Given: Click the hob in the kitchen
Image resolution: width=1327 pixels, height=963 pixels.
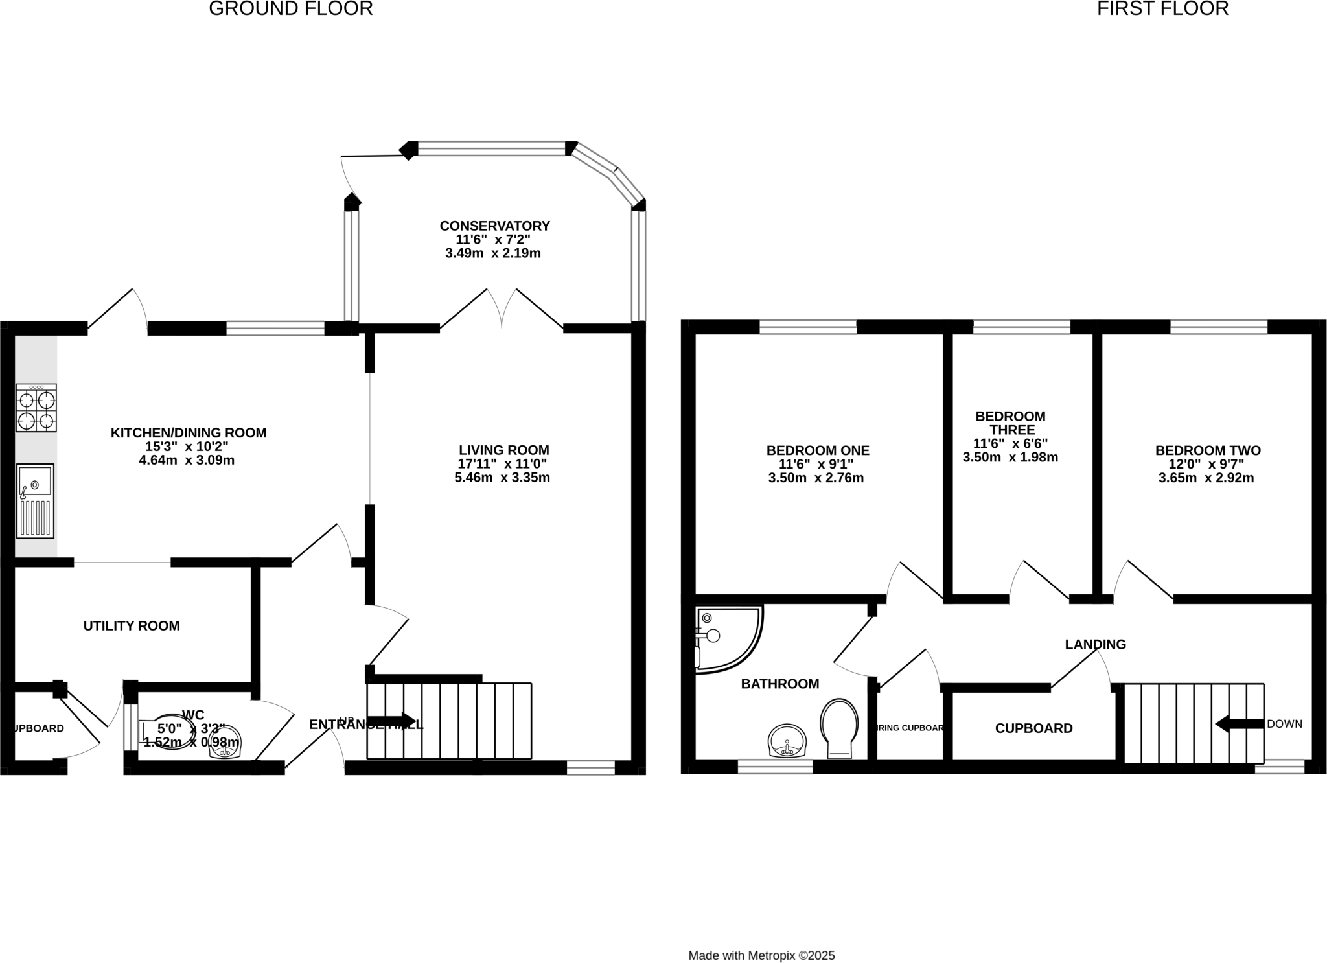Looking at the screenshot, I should (x=36, y=408).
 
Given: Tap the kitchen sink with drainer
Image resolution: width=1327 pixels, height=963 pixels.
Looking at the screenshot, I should (x=36, y=501).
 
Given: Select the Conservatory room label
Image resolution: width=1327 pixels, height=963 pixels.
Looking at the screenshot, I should (x=494, y=226).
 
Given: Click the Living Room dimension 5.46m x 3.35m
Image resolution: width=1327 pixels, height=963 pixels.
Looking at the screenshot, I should (x=502, y=478).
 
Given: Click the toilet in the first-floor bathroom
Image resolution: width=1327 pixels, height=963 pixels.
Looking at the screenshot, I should (x=839, y=728).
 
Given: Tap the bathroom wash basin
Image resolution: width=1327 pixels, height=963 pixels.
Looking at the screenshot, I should (x=787, y=741).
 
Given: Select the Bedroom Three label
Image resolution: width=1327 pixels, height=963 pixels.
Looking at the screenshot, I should (x=1010, y=423).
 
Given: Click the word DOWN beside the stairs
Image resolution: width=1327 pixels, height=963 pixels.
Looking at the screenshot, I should (x=1284, y=724).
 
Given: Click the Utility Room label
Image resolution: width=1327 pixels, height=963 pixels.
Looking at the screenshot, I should (x=132, y=625).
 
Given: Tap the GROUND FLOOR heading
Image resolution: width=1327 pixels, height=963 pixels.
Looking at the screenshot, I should (x=290, y=9).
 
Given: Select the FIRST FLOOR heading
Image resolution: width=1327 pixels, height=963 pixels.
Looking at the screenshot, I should (x=1162, y=9).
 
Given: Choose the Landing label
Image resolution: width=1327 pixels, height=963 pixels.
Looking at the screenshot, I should (x=1095, y=644).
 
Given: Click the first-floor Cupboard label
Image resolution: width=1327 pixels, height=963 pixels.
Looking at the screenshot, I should (x=1033, y=728).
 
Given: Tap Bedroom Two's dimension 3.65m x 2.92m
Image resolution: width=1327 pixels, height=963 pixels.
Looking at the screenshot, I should (x=1206, y=478).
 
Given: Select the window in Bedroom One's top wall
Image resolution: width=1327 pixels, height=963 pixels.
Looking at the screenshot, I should (x=807, y=327).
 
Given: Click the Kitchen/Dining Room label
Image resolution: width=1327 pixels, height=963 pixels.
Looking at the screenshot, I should (x=188, y=433).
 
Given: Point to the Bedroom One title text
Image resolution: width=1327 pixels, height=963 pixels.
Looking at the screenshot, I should (x=818, y=450).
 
